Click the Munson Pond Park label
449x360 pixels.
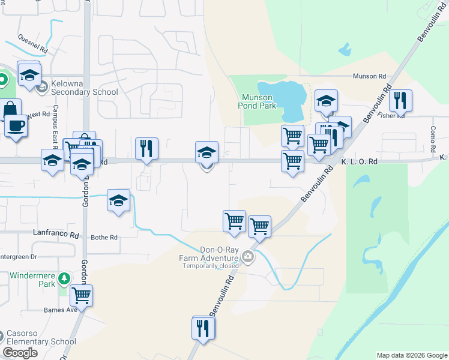coord(259,101)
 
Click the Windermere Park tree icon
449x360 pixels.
coord(64,278)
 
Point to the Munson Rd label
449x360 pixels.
coord(369,76)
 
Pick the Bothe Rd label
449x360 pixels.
coord(104,238)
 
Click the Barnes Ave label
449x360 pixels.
coord(60,310)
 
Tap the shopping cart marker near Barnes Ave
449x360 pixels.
coord(81,295)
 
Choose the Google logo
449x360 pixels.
coord(20,353)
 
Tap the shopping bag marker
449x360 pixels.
coord(10,110)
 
